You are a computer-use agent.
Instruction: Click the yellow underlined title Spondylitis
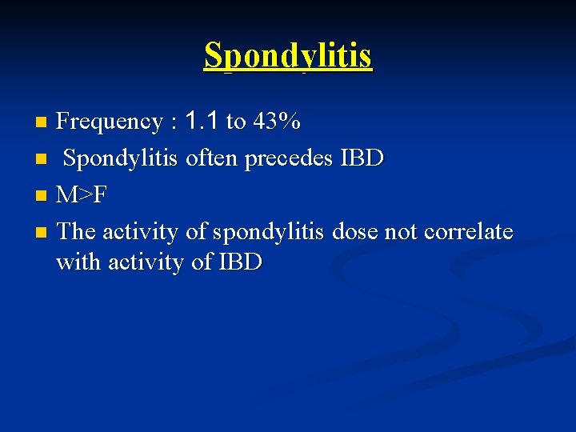288,56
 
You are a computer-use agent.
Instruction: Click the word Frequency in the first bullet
110,122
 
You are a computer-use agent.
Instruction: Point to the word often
212,158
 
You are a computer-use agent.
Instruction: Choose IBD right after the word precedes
362,158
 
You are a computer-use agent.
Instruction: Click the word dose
354,232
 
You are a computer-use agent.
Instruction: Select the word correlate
469,232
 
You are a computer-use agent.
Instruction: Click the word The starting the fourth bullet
78,232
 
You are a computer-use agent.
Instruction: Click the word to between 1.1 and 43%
236,122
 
